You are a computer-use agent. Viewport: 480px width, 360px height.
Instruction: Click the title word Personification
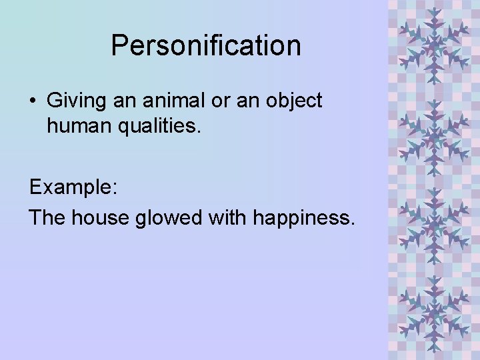[206, 46]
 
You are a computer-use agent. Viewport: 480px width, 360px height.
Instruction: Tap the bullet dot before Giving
[33, 101]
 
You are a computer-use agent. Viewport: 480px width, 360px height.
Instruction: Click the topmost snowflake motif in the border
[434, 41]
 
